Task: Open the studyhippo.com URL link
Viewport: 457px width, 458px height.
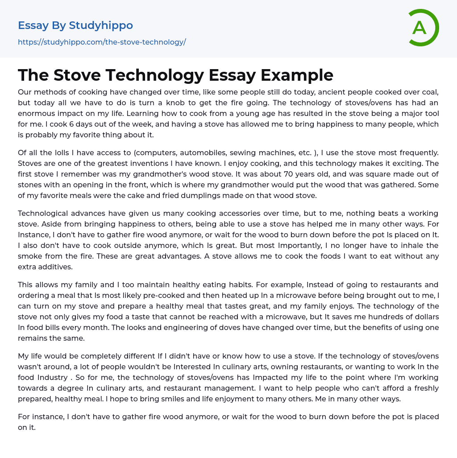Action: point(102,42)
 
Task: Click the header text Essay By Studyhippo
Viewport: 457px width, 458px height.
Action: point(75,25)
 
